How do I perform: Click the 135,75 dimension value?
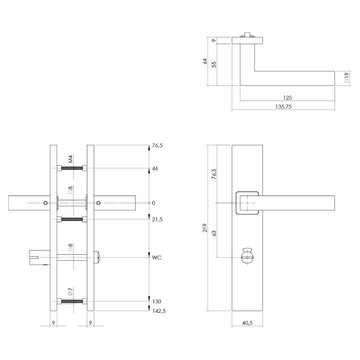pyautogui.click(x=284, y=107)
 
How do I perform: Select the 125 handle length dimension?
pyautogui.click(x=287, y=98)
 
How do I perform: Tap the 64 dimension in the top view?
pyautogui.click(x=205, y=61)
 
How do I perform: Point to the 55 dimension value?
pyautogui.click(x=214, y=64)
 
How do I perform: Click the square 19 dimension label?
pyautogui.click(x=347, y=78)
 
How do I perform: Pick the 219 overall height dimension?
pyautogui.click(x=205, y=228)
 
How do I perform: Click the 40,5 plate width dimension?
pyautogui.click(x=247, y=323)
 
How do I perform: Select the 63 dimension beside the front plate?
pyautogui.click(x=214, y=234)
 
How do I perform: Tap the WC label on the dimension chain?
pyautogui.click(x=157, y=258)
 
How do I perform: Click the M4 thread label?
pyautogui.click(x=71, y=159)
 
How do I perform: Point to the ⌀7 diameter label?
pyautogui.click(x=71, y=292)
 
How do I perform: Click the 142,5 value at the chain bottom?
pyautogui.click(x=159, y=311)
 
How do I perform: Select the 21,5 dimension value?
pyautogui.click(x=157, y=220)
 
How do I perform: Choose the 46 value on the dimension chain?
pyautogui.click(x=155, y=169)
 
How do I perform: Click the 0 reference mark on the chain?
pyautogui.click(x=154, y=203)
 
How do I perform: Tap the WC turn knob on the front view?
pyautogui.click(x=247, y=256)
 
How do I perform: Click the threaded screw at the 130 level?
pyautogui.click(x=72, y=301)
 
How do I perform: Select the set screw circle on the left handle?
pyautogui.click(x=46, y=203)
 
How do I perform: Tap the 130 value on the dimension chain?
pyautogui.click(x=157, y=301)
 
